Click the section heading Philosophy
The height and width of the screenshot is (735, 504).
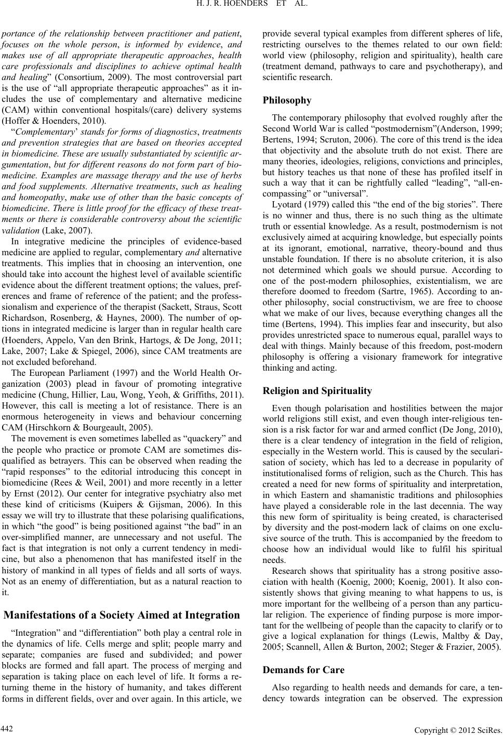[x=287, y=100]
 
